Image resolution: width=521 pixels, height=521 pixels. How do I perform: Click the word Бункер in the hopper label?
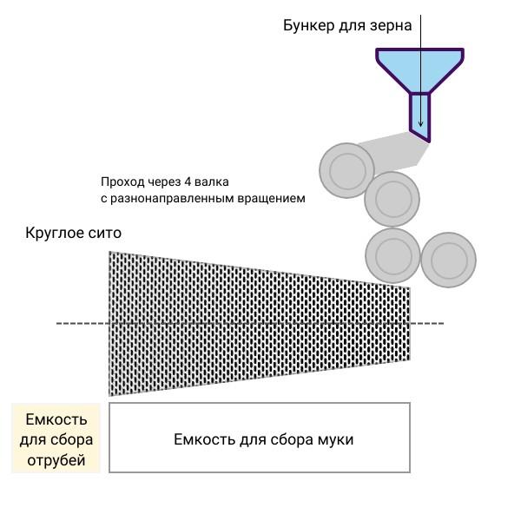pyautogui.click(x=308, y=26)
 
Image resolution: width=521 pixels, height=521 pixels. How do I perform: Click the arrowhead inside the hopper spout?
pyautogui.click(x=420, y=123)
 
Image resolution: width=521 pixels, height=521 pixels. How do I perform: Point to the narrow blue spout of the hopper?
pyautogui.click(x=420, y=116)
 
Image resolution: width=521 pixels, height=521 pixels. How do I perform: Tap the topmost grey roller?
pyautogui.click(x=347, y=170)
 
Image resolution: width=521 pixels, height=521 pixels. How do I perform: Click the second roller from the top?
pyautogui.click(x=392, y=199)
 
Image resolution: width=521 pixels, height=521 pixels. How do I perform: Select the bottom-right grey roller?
pyautogui.click(x=449, y=260)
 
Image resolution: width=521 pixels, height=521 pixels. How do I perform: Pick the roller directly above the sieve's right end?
pyautogui.click(x=393, y=255)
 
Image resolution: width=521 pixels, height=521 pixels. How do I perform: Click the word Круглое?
pyautogui.click(x=55, y=234)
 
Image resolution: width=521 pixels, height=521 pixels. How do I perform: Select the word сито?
pyautogui.click(x=105, y=234)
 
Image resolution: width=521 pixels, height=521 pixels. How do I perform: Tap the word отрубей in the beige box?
pyautogui.click(x=56, y=460)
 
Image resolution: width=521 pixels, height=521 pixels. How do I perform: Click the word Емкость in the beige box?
pyautogui.click(x=56, y=419)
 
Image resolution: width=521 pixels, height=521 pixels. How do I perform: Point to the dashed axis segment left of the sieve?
pyautogui.click(x=82, y=323)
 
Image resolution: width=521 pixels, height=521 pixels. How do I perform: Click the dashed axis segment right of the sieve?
pyautogui.click(x=427, y=323)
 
